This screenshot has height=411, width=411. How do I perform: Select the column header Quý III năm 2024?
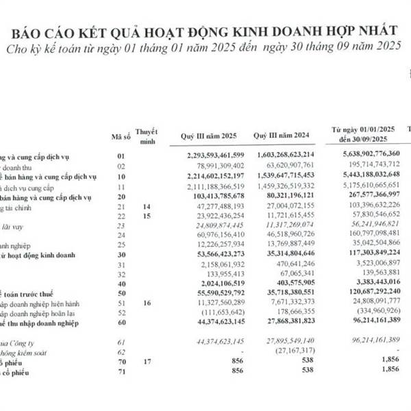coord(282,136)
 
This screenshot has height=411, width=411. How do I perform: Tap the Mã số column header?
coord(120,136)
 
